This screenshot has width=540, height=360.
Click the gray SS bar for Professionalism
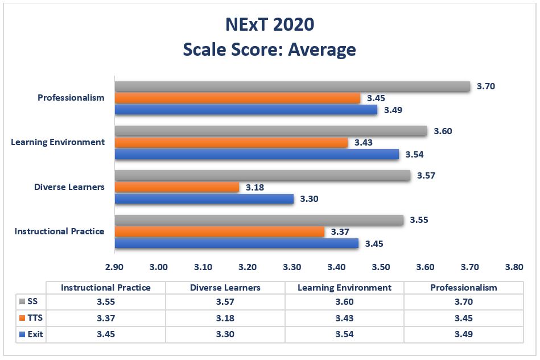pos(292,86)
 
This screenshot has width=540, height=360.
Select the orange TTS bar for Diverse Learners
pos(177,187)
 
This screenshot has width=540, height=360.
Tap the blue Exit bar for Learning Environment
pos(257,154)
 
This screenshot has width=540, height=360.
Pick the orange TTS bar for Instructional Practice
pos(220,231)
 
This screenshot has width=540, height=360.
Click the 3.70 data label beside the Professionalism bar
pos(487,86)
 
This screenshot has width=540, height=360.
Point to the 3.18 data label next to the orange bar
pos(255,187)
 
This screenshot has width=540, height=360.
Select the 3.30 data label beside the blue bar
pos(310,199)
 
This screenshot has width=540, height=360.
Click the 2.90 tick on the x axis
pos(114,267)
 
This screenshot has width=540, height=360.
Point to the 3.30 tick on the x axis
pos(292,267)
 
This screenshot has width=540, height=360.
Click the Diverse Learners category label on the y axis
pos(69,187)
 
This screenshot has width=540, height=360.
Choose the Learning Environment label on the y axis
pos(58,142)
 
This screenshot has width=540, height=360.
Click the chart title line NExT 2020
pos(269,25)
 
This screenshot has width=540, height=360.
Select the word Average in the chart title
pos(321,49)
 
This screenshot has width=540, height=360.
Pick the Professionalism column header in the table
pos(463,288)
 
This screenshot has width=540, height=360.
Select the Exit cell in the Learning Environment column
pos(344,334)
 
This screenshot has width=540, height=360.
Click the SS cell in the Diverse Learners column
pos(225,303)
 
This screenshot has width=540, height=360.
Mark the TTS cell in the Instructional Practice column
pos(105,318)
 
